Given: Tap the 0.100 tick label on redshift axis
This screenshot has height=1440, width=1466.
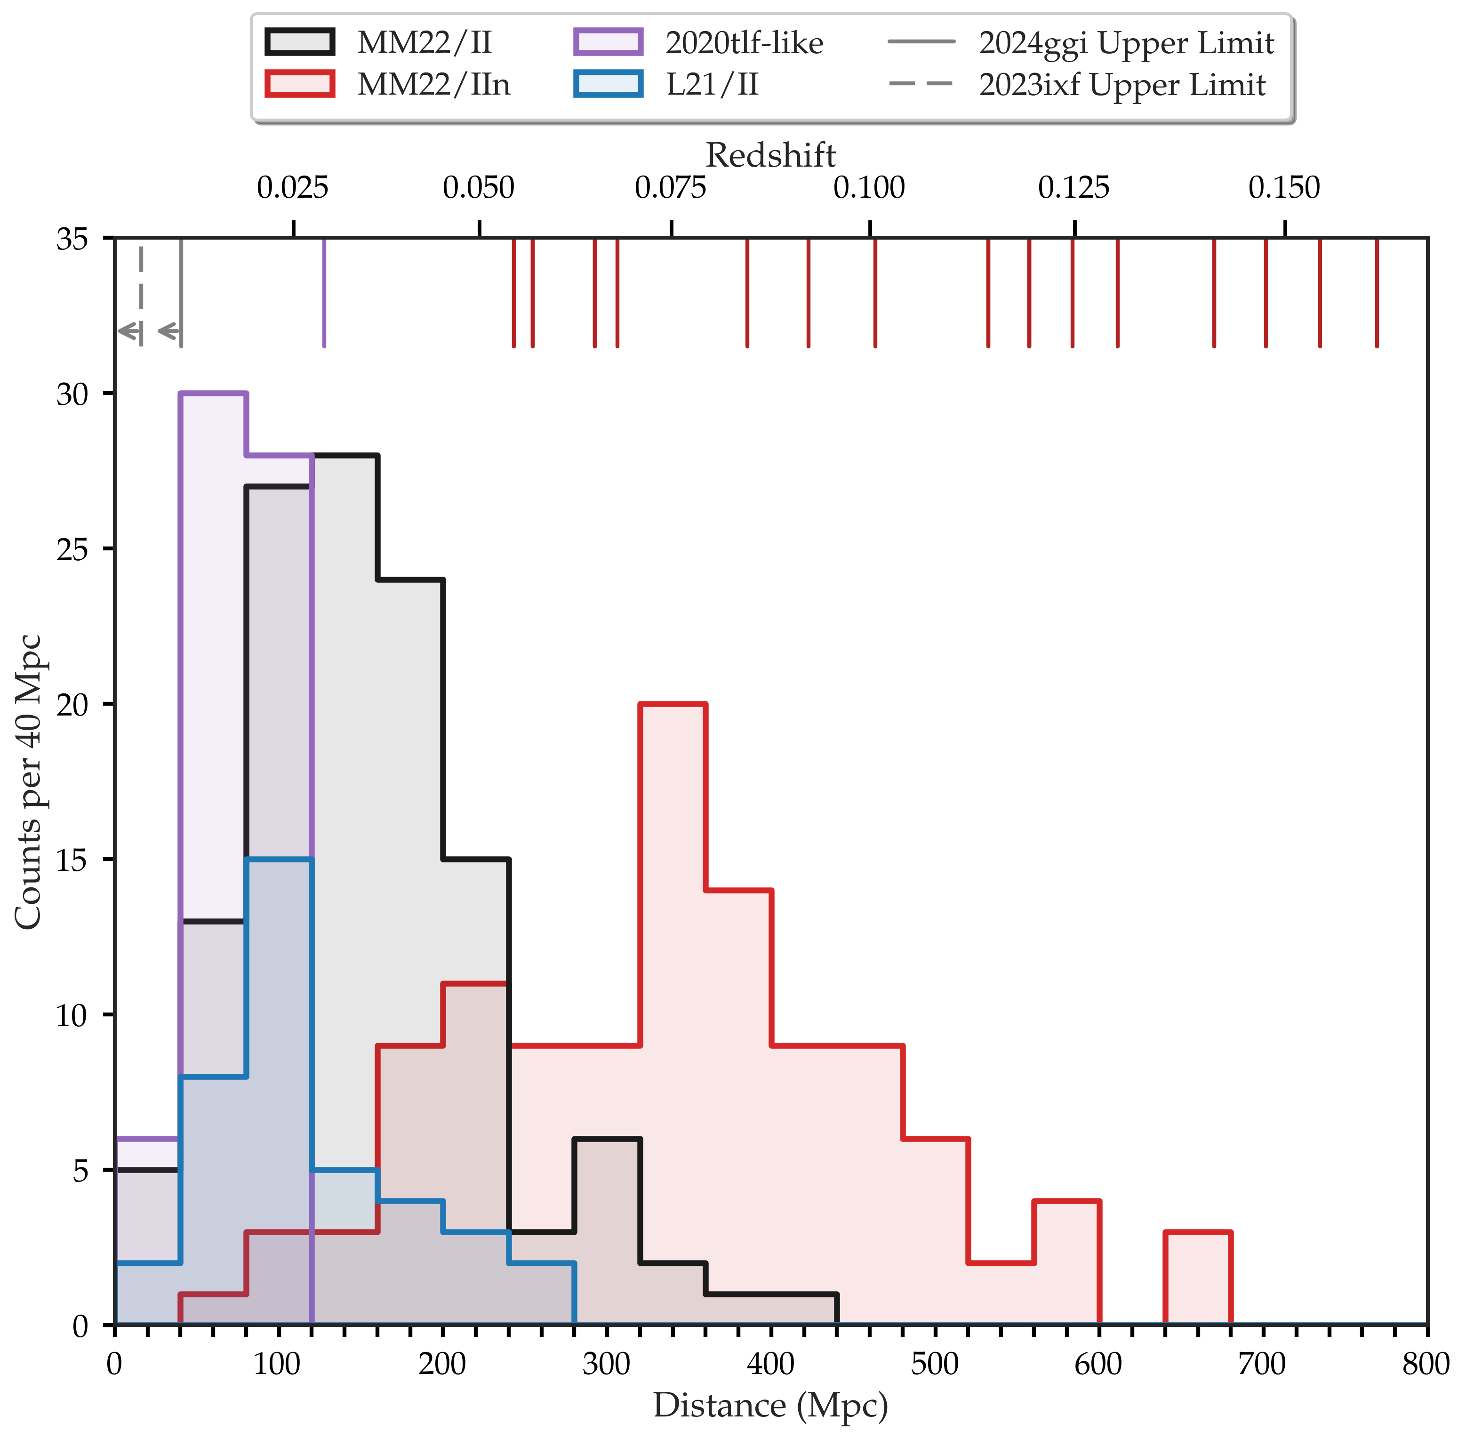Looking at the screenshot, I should point(869,187).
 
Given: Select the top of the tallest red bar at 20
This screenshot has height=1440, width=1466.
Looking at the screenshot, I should point(673,704).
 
